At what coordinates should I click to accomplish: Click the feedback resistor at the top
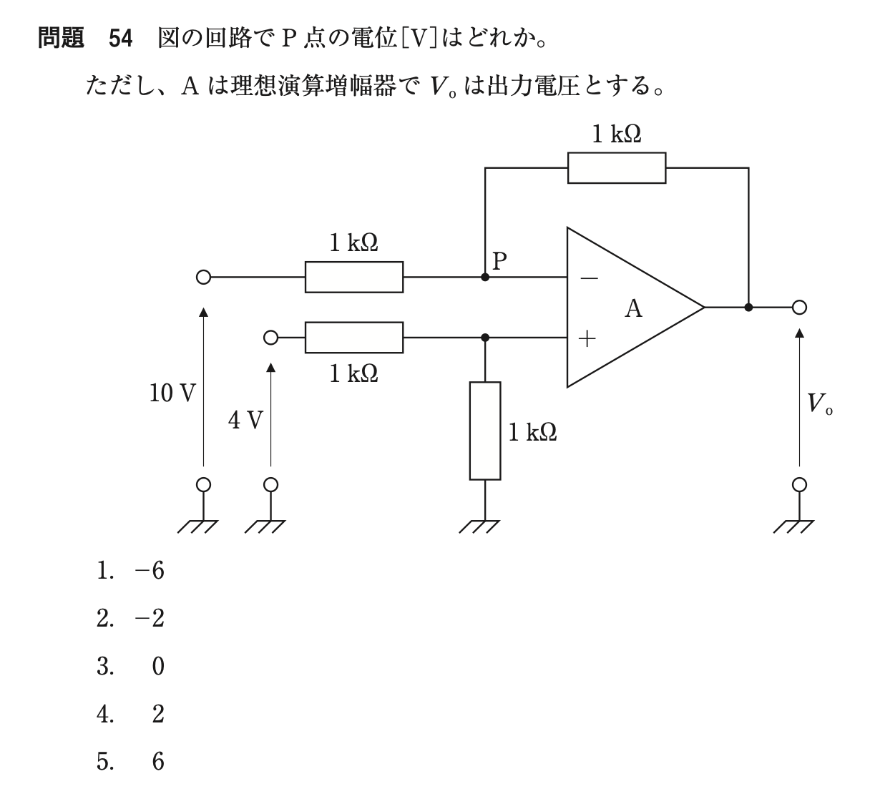[616, 167]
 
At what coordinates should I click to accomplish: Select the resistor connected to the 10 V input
[353, 277]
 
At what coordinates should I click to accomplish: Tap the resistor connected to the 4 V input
[353, 338]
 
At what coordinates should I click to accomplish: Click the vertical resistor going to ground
[485, 431]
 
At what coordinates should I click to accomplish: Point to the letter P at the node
[499, 260]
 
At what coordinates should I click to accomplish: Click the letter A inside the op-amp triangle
[633, 308]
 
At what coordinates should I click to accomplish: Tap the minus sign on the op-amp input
[588, 278]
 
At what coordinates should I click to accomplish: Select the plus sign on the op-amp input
[587, 338]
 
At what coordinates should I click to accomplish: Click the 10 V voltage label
[172, 393]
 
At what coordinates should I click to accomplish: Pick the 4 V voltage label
[246, 421]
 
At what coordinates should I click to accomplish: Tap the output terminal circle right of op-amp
[799, 308]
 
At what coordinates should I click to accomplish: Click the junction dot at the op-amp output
[748, 308]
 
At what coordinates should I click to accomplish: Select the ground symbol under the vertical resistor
[481, 526]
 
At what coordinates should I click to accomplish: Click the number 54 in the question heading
[121, 39]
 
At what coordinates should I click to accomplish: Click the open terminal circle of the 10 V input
[203, 278]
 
